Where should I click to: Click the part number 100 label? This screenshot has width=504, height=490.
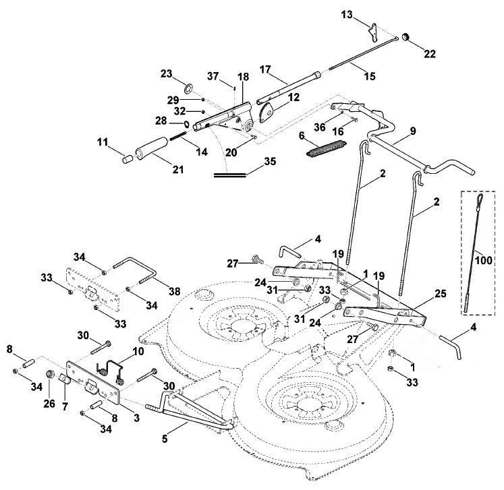(484, 259)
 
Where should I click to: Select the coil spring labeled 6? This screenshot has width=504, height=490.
(327, 150)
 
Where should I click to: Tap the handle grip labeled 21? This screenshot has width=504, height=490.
(152, 148)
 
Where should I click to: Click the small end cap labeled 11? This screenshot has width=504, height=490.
(128, 159)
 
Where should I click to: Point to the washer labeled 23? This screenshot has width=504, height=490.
(189, 88)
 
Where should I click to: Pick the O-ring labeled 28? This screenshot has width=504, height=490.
(186, 123)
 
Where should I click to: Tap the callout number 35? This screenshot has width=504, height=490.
(270, 161)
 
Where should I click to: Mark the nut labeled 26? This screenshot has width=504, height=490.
(50, 374)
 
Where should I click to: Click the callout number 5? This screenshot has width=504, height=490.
(164, 439)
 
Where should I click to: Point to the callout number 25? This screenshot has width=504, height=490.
(441, 293)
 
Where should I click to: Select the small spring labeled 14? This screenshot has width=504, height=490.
(177, 136)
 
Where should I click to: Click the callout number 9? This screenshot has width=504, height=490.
(413, 131)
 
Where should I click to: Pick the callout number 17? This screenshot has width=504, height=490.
(265, 69)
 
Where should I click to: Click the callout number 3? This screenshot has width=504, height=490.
(136, 418)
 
